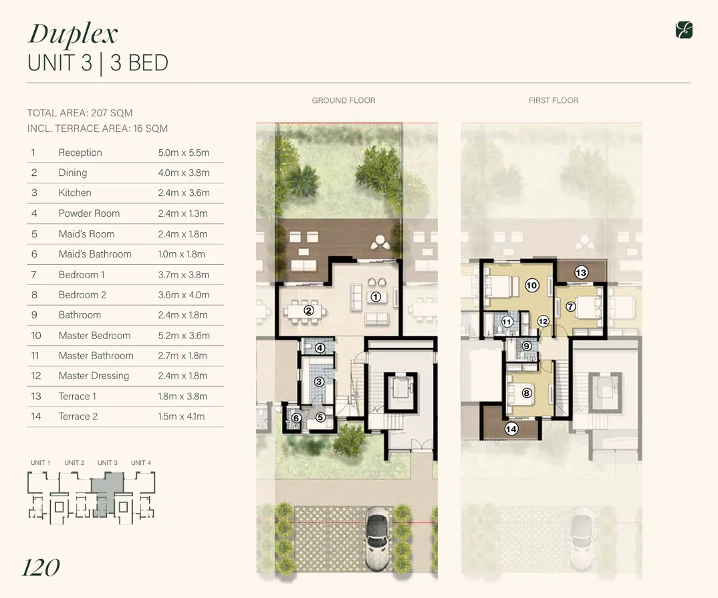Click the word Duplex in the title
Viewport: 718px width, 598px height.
[x=73, y=33]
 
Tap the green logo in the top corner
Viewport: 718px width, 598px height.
[x=684, y=29]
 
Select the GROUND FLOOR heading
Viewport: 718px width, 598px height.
[x=344, y=100]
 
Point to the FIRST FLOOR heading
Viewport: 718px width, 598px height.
[x=553, y=100]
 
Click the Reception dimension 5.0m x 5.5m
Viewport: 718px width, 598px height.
[x=183, y=153]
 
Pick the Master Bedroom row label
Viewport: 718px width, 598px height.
[x=94, y=335]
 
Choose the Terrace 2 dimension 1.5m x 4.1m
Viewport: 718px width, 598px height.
[x=181, y=416]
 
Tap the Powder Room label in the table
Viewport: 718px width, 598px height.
[x=89, y=213]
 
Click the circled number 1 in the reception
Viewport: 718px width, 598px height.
[x=376, y=296]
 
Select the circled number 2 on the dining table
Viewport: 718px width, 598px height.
[x=309, y=310]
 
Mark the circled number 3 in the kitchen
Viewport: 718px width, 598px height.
[x=320, y=382]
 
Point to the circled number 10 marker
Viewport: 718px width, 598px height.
[x=531, y=286]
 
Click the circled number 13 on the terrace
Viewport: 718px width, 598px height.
[x=581, y=272]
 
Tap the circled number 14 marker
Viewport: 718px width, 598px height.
[x=511, y=429]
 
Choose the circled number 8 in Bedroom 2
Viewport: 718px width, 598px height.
[x=527, y=393]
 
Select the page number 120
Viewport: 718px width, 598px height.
[x=41, y=568]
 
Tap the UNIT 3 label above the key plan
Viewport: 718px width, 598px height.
[x=107, y=463]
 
